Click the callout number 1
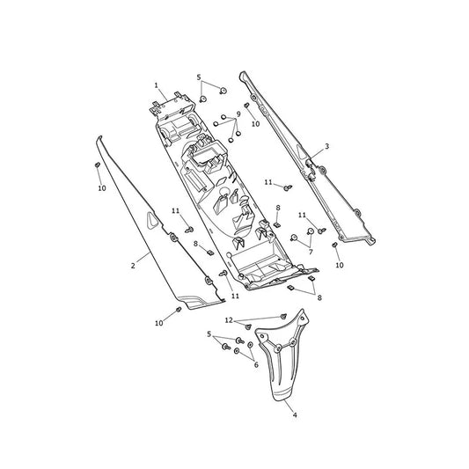coord(156,85)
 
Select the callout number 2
coord(133,266)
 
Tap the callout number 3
coord(327,146)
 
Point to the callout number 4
coord(295,415)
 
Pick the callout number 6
coord(256,365)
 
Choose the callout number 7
coord(311,252)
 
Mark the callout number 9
coord(238,114)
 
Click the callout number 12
coord(229,320)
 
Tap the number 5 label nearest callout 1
coord(199,77)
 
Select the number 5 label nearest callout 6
coord(209,334)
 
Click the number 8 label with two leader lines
coord(319,297)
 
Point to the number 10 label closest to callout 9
coord(256,124)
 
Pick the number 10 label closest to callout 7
coord(340,265)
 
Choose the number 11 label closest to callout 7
coord(302,215)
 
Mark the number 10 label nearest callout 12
coord(159,323)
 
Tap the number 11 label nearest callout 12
coord(236,296)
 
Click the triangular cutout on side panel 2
coord(151,221)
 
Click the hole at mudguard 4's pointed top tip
coord(302,318)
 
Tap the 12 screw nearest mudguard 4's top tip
coord(283,316)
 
